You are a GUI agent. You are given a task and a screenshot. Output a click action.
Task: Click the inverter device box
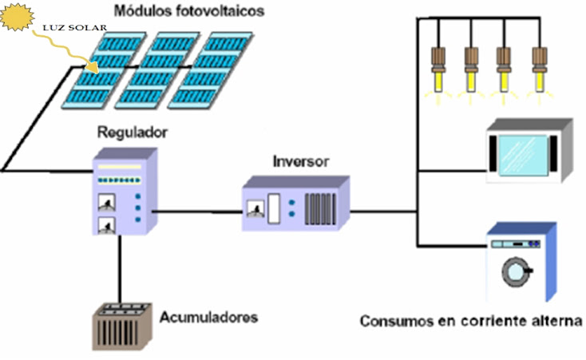[x=295, y=205]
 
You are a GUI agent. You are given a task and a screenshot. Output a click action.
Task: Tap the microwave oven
[x=529, y=152]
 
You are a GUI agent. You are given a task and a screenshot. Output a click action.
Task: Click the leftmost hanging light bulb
[x=438, y=69]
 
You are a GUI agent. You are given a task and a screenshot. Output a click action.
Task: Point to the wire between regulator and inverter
[x=196, y=212]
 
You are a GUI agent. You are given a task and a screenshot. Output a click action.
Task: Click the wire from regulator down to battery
[x=120, y=268]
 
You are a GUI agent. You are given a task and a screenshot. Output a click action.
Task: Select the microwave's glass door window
[x=524, y=152]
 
